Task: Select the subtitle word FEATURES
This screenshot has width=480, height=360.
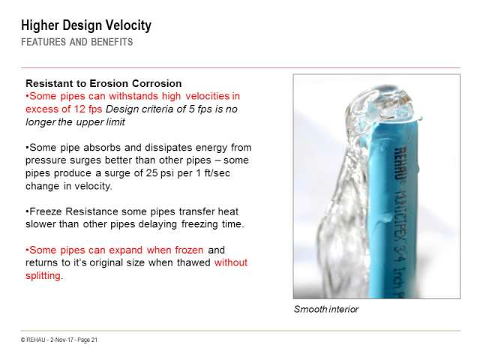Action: pyautogui.click(x=43, y=42)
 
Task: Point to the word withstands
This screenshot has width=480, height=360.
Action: pyautogui.click(x=133, y=96)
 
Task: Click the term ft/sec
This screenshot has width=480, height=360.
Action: pyautogui.click(x=217, y=173)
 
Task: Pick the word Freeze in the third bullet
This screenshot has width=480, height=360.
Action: pyautogui.click(x=46, y=211)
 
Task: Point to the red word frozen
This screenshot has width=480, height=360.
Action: pyautogui.click(x=189, y=250)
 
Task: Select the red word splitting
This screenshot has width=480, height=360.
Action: pyautogui.click(x=43, y=275)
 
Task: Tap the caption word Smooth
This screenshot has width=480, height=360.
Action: pyautogui.click(x=310, y=309)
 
